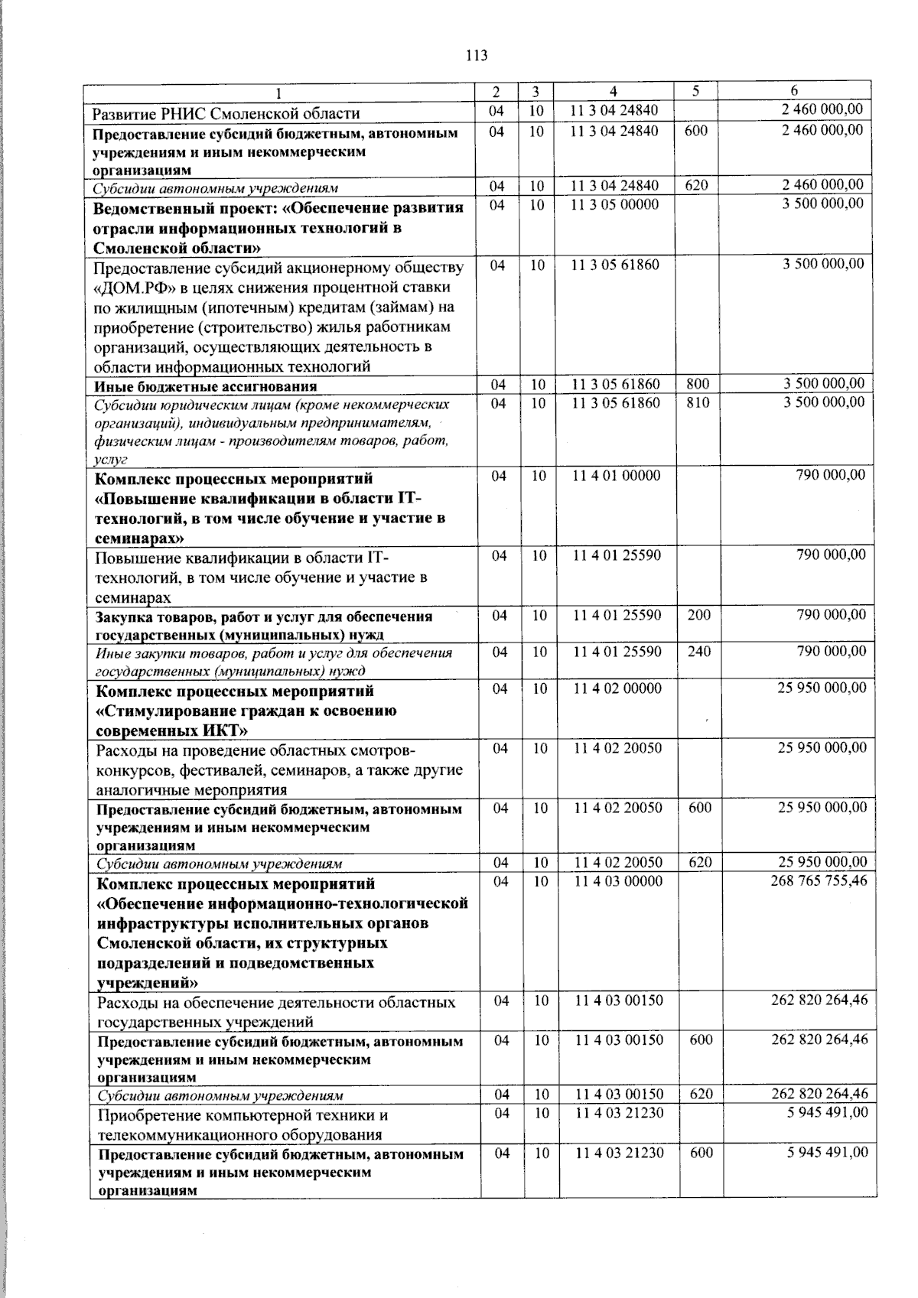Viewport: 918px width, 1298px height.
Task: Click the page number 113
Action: pos(476,55)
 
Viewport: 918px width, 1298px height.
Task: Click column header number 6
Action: pos(794,90)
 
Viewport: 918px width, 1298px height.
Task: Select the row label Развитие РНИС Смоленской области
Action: pos(226,114)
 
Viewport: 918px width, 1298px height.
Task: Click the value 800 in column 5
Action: pos(697,384)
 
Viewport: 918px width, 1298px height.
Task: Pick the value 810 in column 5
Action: pos(698,402)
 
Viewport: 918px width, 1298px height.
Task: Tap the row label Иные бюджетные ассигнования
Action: pos(205,386)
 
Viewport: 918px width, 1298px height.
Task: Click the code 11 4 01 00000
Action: pos(616,476)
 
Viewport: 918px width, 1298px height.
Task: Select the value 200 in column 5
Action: pos(698,615)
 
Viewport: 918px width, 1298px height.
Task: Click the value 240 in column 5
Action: pos(699,652)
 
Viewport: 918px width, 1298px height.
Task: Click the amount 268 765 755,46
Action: pos(819,881)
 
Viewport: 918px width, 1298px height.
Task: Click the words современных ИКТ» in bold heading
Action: pos(167,730)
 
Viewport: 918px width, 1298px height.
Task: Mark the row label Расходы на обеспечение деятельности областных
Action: pos(276,1002)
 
